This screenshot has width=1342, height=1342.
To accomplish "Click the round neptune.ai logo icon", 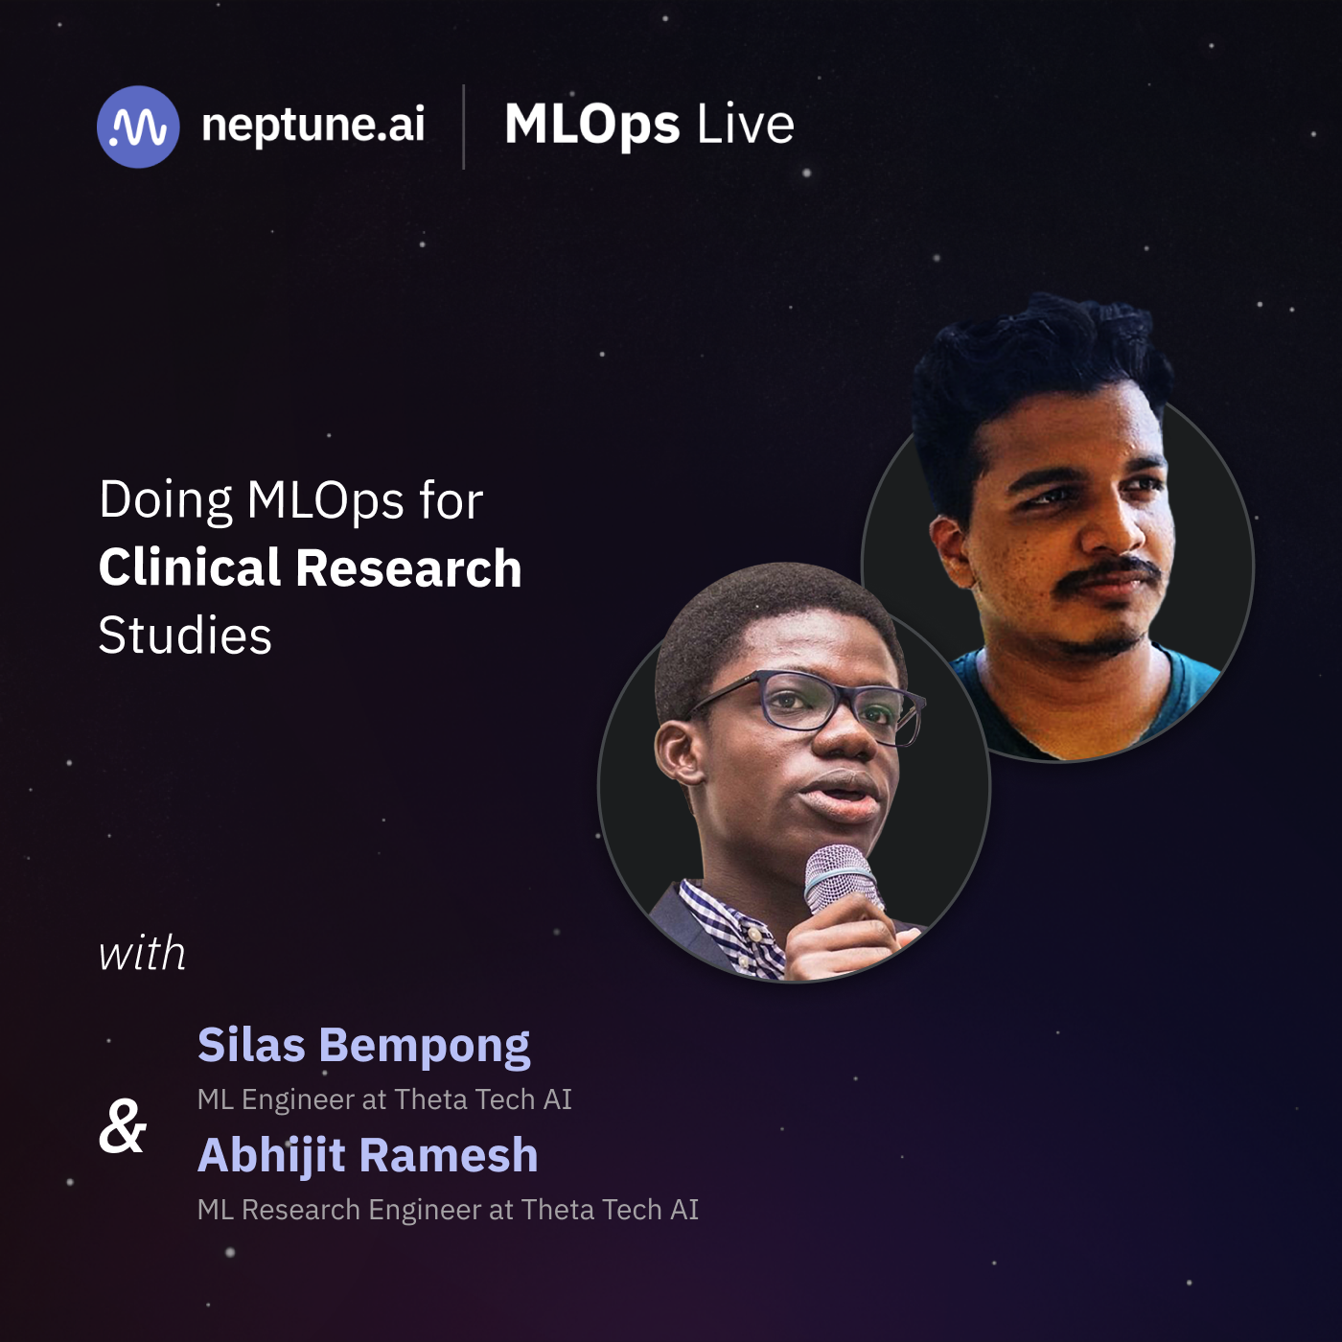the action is [x=138, y=127].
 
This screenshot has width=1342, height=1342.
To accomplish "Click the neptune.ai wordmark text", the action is [x=312, y=126].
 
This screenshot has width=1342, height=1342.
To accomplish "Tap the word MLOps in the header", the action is [x=592, y=126].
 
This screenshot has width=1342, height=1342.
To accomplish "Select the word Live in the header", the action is [x=745, y=125].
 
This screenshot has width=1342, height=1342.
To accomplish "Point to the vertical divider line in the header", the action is [x=464, y=127].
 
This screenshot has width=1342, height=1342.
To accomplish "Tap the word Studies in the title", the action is [x=185, y=636].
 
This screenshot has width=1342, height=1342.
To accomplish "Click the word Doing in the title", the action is [x=165, y=501].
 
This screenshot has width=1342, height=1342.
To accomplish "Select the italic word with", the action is [x=142, y=953].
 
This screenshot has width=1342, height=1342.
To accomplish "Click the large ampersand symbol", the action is [x=123, y=1127].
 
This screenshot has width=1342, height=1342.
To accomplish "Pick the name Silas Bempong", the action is [x=363, y=1047].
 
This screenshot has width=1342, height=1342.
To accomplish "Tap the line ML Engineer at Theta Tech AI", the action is [x=384, y=1099].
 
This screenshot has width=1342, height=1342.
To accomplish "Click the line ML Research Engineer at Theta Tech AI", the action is [x=448, y=1210].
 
